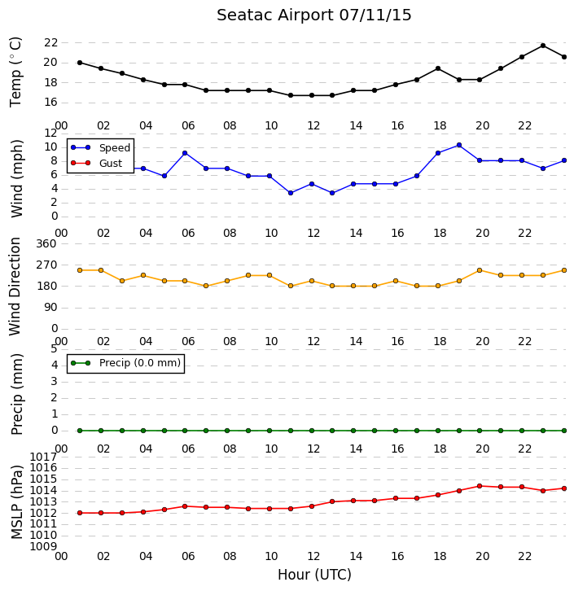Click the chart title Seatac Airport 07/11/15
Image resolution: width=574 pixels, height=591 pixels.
click(314, 15)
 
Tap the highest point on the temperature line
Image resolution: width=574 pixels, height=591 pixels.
click(543, 46)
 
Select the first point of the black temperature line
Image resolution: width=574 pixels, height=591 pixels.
click(80, 63)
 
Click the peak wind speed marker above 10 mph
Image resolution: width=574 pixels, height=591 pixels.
click(459, 145)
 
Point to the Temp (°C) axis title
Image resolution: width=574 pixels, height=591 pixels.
click(15, 72)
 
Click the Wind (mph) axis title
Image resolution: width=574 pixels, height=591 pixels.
click(16, 178)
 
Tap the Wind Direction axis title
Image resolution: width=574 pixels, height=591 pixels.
click(15, 287)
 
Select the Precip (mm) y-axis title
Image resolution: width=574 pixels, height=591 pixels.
click(17, 394)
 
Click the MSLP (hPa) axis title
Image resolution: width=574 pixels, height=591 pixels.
click(17, 501)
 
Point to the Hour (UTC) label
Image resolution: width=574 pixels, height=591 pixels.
click(314, 575)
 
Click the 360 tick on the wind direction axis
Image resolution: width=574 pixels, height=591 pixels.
click(46, 244)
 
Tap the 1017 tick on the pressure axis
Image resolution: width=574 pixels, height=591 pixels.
click(43, 457)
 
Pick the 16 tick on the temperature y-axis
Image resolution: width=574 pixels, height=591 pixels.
click(50, 103)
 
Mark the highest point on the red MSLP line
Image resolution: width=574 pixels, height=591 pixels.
click(480, 486)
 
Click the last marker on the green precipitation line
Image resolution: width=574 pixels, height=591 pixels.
click(564, 431)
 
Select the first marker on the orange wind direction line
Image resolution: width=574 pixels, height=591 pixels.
click(80, 270)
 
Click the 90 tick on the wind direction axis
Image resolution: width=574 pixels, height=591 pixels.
click(50, 308)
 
